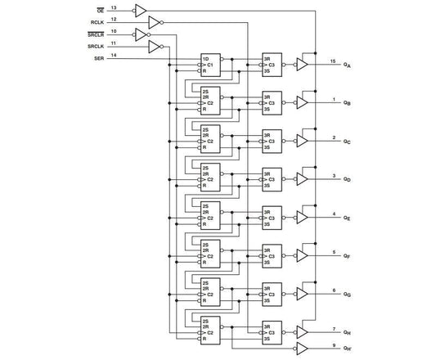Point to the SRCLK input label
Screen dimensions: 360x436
pos(94,47)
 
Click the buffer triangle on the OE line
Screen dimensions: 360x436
pos(140,11)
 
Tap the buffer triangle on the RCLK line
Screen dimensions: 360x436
pos(155,22)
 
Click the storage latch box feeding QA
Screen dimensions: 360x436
pos(272,65)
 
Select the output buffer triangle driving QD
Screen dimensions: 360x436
pos(302,178)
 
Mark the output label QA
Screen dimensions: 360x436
pos(348,65)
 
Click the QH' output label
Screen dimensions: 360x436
pos(348,348)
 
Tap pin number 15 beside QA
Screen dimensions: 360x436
pos(332,61)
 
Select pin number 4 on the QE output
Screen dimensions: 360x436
pos(332,214)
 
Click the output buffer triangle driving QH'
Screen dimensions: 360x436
pos(302,347)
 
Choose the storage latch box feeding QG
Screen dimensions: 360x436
pos(272,294)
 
